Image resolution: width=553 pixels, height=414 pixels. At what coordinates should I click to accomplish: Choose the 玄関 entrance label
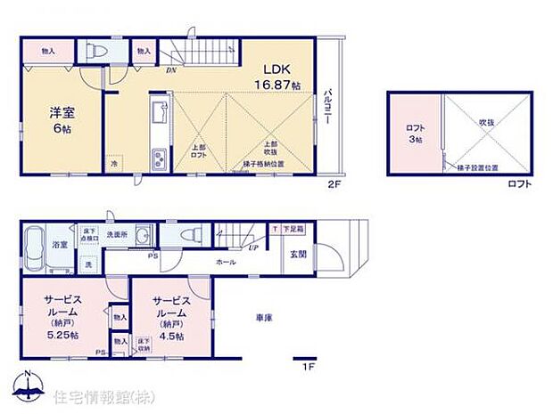tap(298, 254)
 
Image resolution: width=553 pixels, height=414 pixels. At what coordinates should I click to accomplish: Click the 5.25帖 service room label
tap(62, 319)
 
